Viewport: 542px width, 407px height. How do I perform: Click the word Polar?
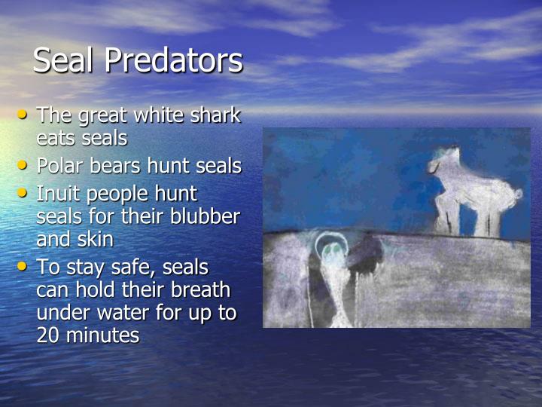(59, 166)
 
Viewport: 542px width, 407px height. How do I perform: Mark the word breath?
(199, 289)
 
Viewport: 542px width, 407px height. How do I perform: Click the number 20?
(49, 335)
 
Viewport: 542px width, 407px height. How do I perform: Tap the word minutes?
(104, 335)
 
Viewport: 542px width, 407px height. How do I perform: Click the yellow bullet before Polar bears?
(25, 164)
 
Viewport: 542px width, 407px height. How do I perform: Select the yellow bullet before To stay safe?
(25, 265)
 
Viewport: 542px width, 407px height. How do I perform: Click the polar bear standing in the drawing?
(474, 192)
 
